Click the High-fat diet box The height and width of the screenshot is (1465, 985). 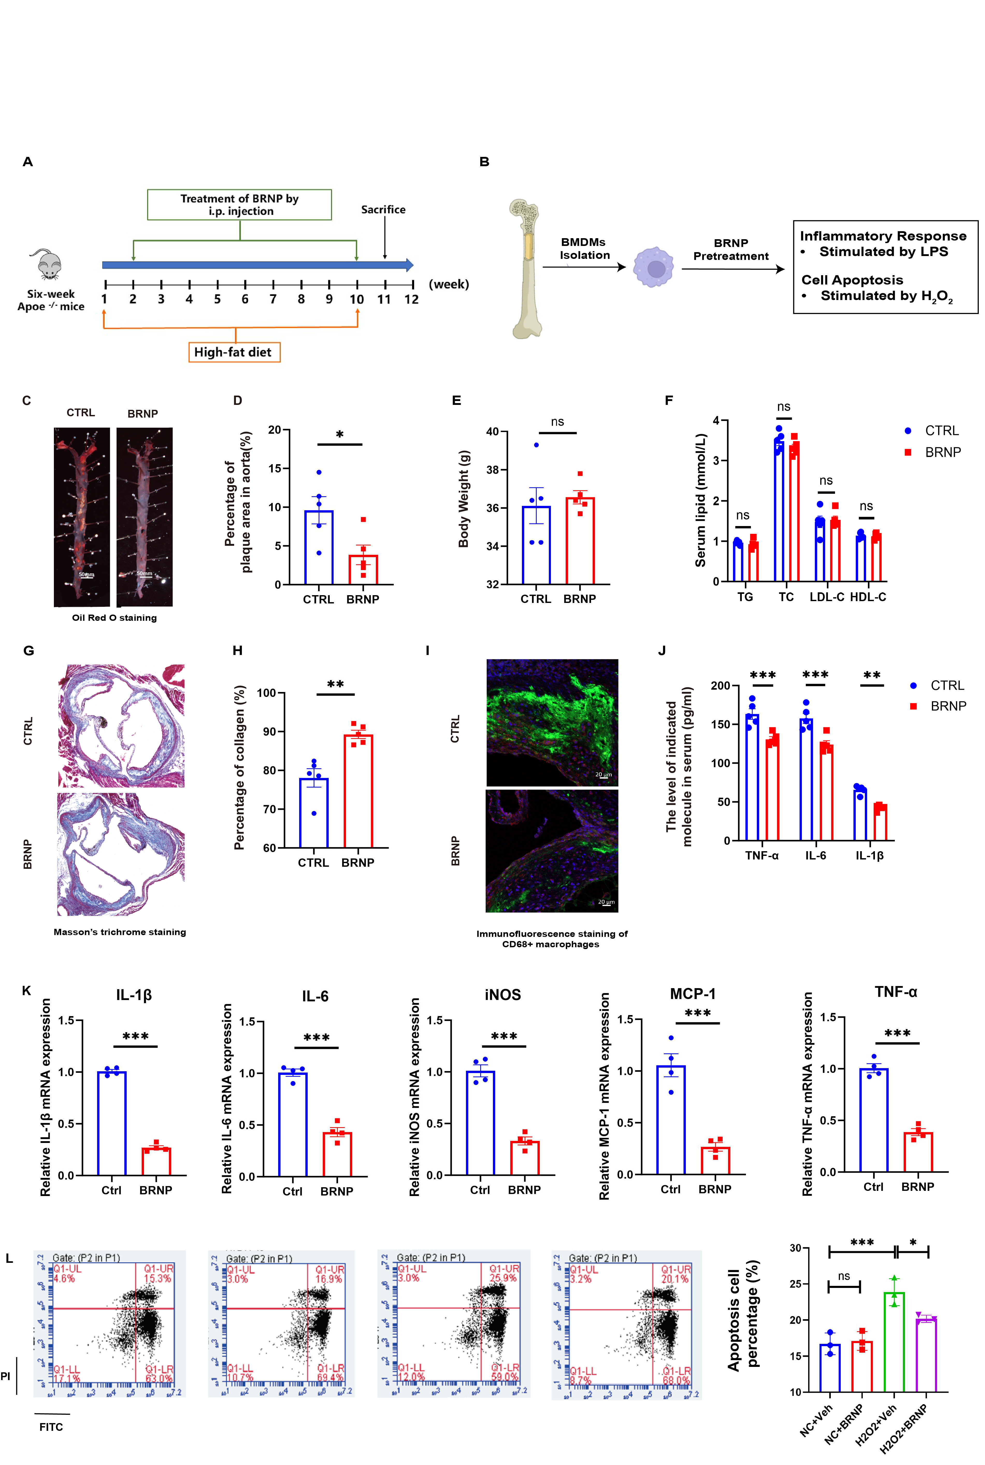pyautogui.click(x=234, y=352)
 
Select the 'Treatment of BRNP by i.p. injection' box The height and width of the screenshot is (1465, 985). pyautogui.click(x=239, y=205)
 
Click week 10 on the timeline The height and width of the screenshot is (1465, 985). pyautogui.click(x=357, y=299)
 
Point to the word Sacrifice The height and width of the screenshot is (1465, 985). pyautogui.click(x=383, y=210)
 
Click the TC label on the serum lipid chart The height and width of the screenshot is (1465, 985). pyautogui.click(x=786, y=596)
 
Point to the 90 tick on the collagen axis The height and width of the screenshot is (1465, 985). pyautogui.click(x=269, y=732)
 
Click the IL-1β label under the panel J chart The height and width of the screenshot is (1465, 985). pyautogui.click(x=869, y=855)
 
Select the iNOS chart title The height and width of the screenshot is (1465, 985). pyautogui.click(x=502, y=995)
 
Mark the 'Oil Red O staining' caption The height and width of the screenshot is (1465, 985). pyautogui.click(x=114, y=618)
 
